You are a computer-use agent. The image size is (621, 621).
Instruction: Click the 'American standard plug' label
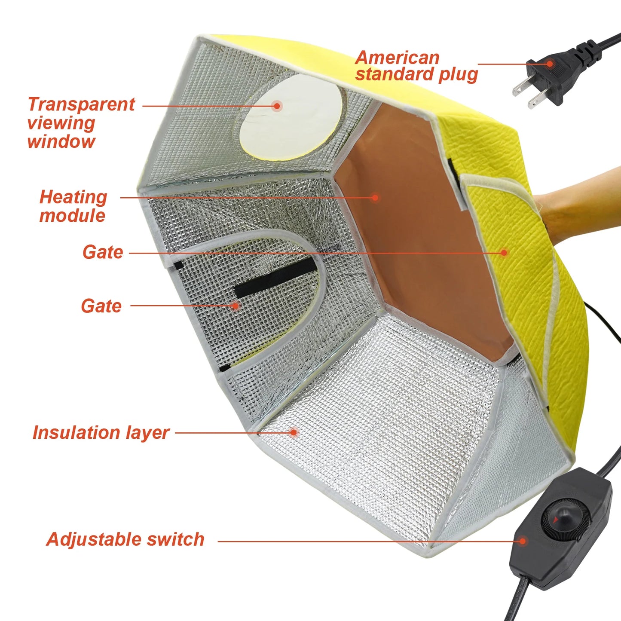pos(416,66)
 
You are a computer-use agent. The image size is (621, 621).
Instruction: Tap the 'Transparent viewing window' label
pos(81,122)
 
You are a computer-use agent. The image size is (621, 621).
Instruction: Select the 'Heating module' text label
pos(73,206)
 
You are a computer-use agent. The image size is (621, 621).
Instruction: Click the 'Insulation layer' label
pos(101,432)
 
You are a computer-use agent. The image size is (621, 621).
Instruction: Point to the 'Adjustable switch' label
pos(125,539)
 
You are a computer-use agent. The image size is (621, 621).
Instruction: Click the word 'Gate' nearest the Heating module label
pos(103,252)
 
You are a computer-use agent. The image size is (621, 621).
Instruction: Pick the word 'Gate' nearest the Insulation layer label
pos(101,306)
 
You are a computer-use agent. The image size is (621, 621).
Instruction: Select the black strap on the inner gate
pos(275,277)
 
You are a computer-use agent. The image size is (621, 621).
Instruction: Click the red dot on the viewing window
pos(277,106)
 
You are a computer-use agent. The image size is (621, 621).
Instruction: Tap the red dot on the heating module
pos(375,197)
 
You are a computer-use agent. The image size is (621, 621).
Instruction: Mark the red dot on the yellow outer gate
pos(504,253)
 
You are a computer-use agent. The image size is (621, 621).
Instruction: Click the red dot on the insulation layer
pos(294,432)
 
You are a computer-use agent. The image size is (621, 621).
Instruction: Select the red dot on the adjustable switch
pos(523,541)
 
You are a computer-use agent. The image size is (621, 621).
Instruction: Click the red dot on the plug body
pos(549,64)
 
